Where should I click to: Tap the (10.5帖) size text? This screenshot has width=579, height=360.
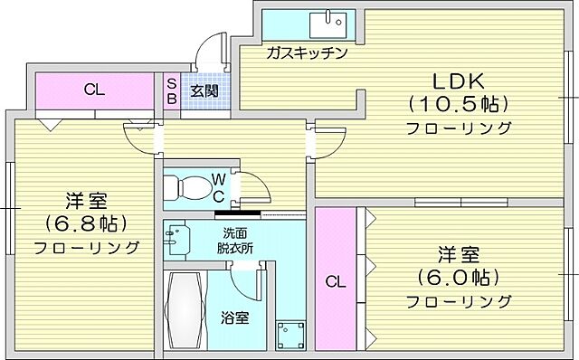click(458, 103)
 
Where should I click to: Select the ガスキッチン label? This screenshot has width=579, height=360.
click(307, 52)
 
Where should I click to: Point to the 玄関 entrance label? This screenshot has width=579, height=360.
click(204, 90)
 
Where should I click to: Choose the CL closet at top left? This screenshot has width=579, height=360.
click(93, 90)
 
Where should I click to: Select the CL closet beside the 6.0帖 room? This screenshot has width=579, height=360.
click(336, 281)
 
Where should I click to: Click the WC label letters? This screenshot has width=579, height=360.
click(218, 187)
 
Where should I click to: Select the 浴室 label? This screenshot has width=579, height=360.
click(234, 318)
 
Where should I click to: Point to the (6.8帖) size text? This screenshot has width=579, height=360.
click(87, 223)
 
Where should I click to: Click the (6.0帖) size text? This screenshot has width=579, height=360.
click(458, 277)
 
